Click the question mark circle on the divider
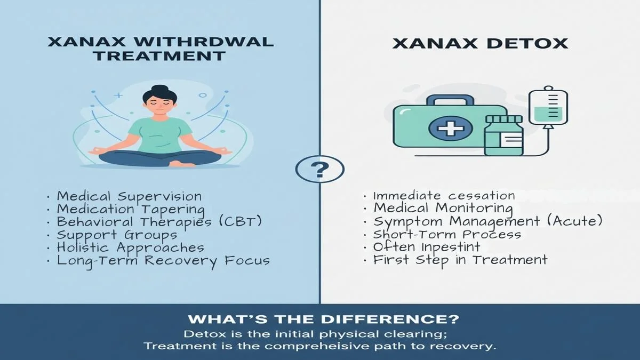click(x=319, y=170)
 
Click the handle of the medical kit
click(x=450, y=101)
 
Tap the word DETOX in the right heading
click(x=527, y=44)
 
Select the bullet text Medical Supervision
click(x=129, y=196)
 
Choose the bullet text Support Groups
click(x=117, y=235)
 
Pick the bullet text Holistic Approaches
click(x=130, y=247)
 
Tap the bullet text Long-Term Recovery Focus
click(x=163, y=261)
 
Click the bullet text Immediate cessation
click(x=444, y=196)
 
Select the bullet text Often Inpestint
click(x=427, y=247)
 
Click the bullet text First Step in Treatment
click(x=460, y=260)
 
